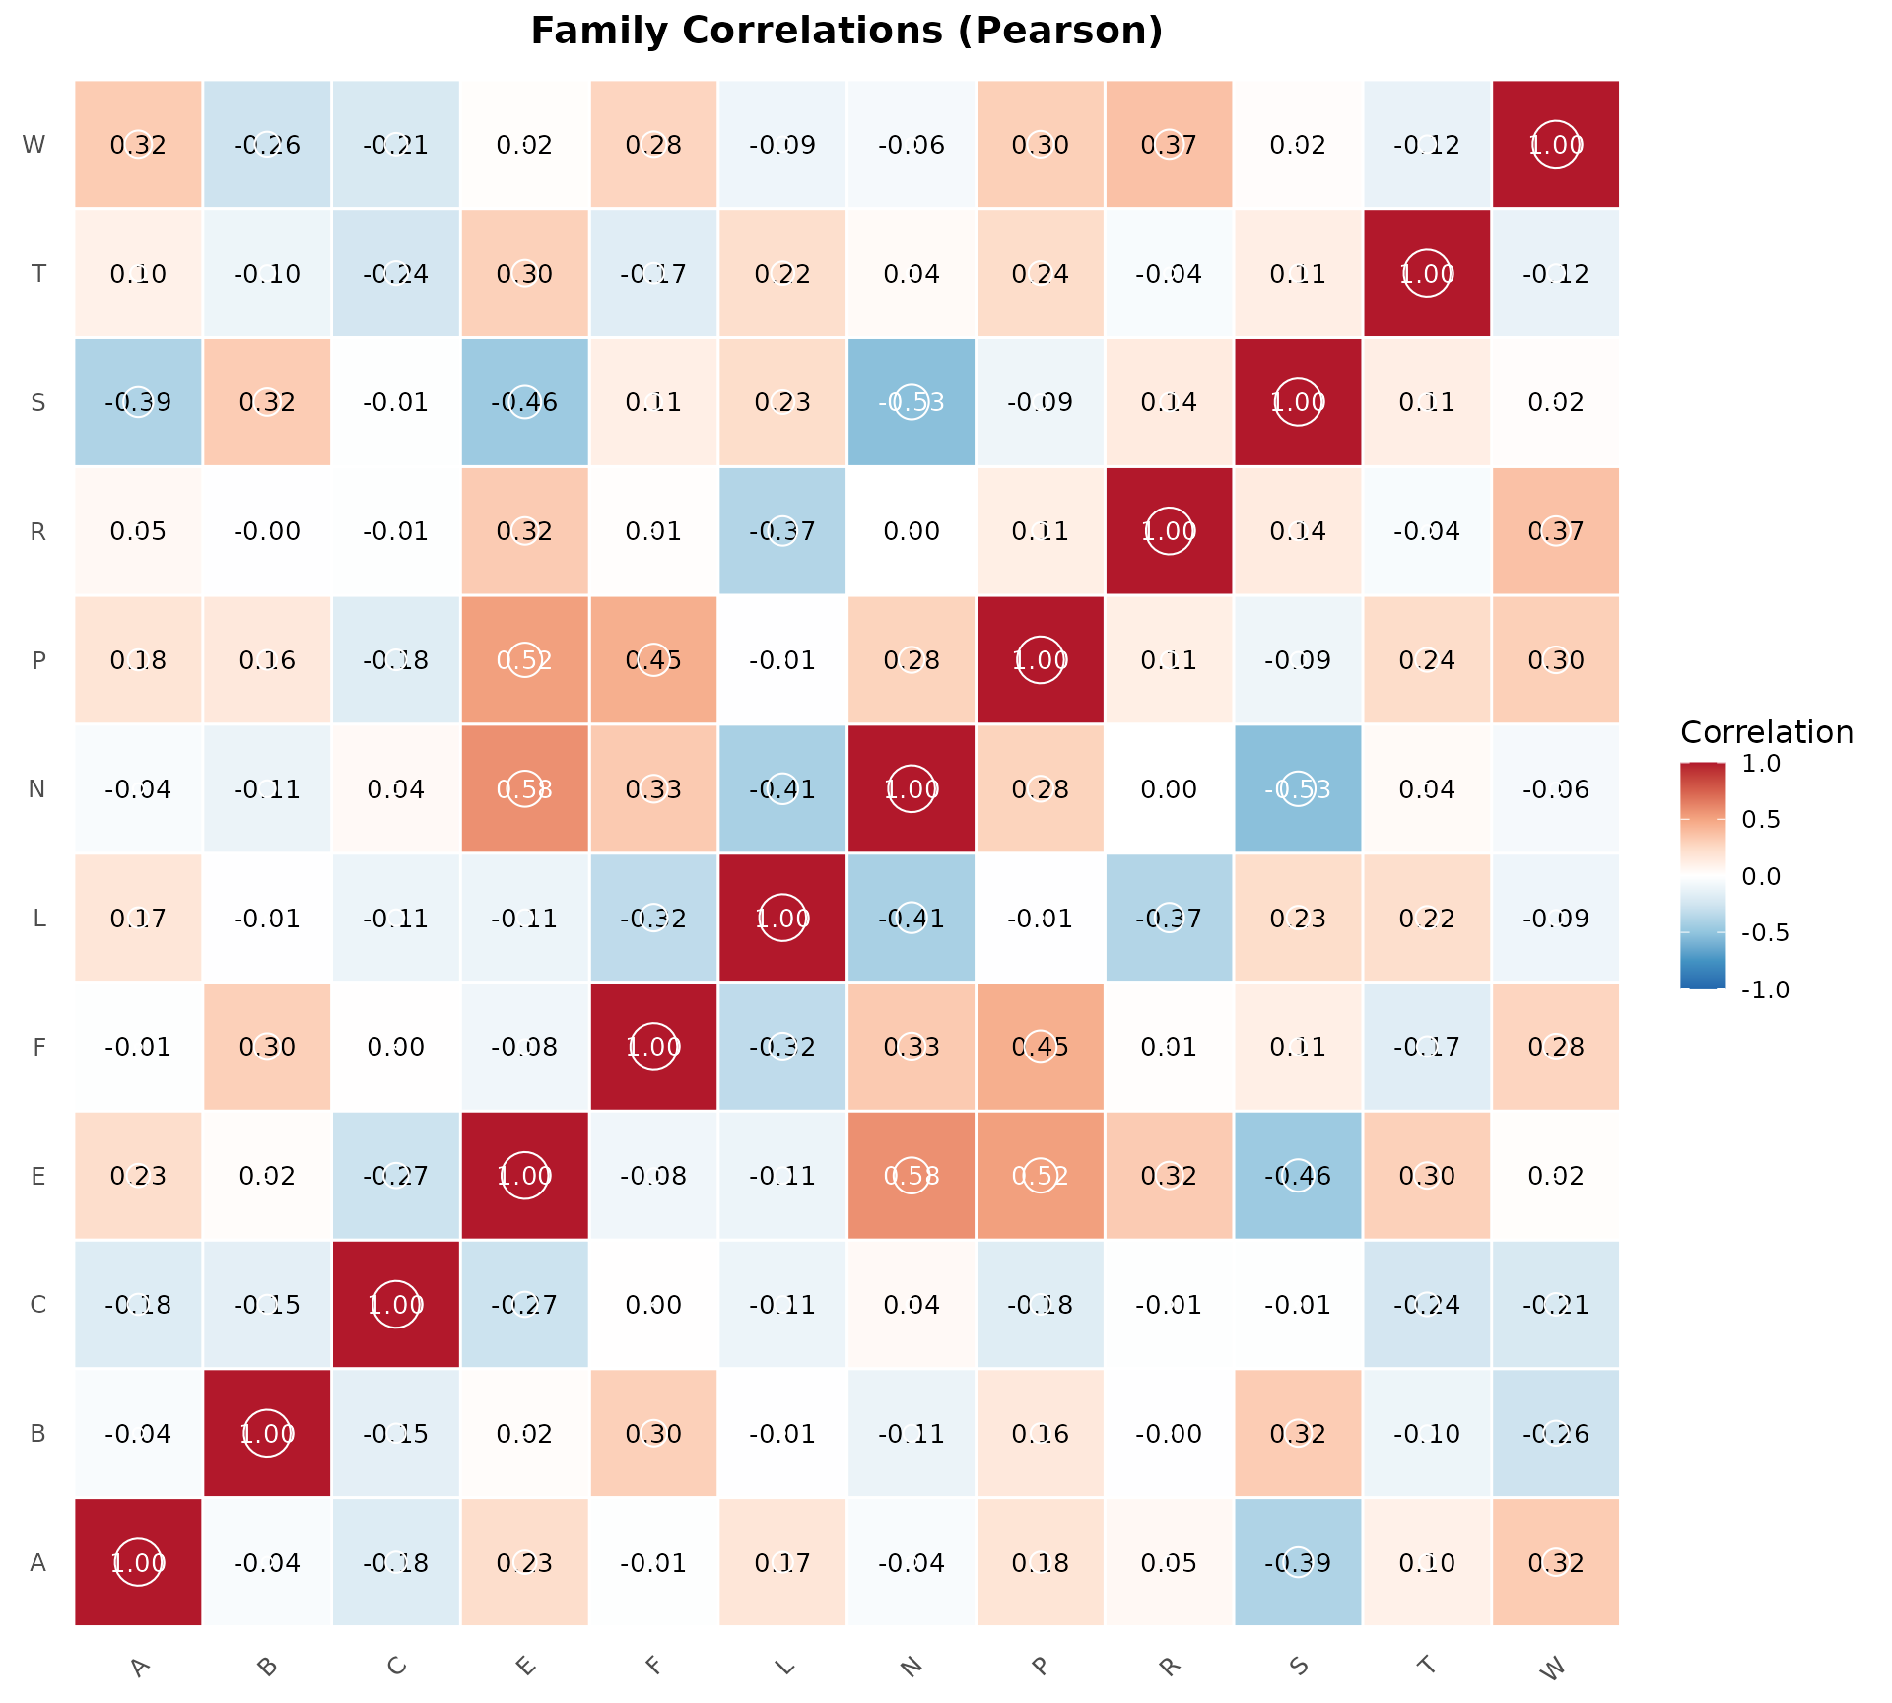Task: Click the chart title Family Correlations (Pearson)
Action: (846, 32)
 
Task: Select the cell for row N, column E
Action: (524, 788)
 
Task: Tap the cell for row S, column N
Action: (912, 402)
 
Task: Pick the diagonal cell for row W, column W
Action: (1555, 144)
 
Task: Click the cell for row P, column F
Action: (653, 659)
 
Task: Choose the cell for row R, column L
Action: (782, 531)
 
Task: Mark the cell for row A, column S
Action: (1298, 1562)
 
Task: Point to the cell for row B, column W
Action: (1555, 1433)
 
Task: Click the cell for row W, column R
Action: (1169, 144)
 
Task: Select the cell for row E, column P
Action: (1041, 1175)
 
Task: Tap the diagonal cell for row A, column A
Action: (138, 1562)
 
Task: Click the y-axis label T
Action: (38, 273)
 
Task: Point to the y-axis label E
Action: (38, 1175)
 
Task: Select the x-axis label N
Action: (912, 1666)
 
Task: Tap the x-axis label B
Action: (266, 1667)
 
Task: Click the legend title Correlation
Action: (1766, 732)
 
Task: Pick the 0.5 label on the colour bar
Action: (1761, 820)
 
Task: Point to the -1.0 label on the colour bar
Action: (1765, 989)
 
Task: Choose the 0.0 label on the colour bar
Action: (1761, 876)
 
